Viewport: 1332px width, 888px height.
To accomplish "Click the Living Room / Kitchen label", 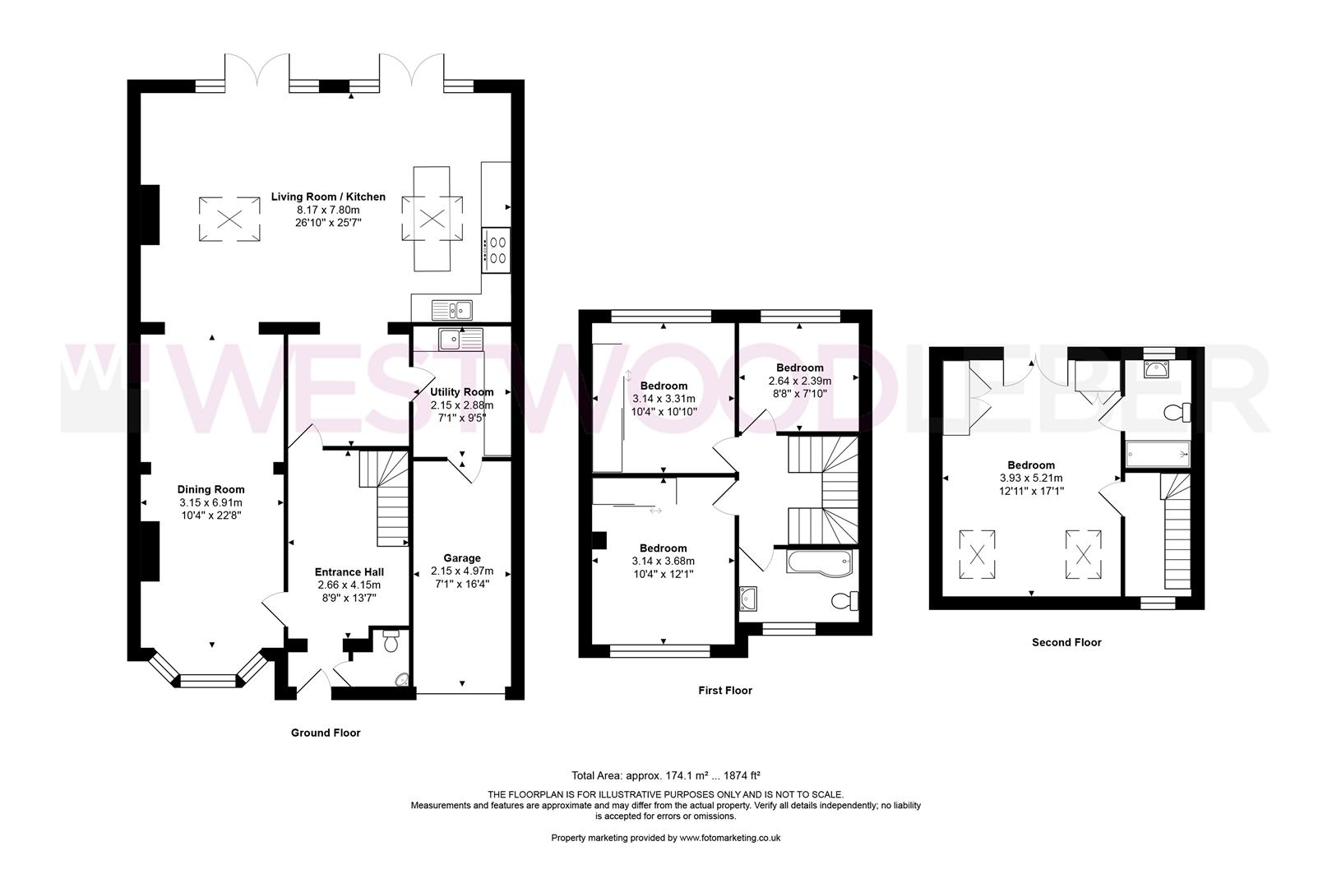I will [x=328, y=197].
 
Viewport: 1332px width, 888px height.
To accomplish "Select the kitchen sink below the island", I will [x=451, y=310].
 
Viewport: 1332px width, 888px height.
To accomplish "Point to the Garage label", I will [x=461, y=558].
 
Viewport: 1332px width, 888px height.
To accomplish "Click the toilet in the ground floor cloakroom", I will [x=391, y=639].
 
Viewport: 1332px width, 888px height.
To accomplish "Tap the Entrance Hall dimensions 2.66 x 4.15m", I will [x=349, y=585].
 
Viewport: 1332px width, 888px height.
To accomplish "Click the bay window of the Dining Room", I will [x=207, y=679].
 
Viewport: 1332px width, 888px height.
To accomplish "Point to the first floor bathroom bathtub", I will [x=819, y=562].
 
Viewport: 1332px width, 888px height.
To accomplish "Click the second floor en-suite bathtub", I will [x=1157, y=452].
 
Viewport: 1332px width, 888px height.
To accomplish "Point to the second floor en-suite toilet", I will [x=1177, y=411].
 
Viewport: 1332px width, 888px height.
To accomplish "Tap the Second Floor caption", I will [x=1066, y=642].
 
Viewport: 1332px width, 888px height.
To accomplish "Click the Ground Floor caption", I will [x=326, y=733].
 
